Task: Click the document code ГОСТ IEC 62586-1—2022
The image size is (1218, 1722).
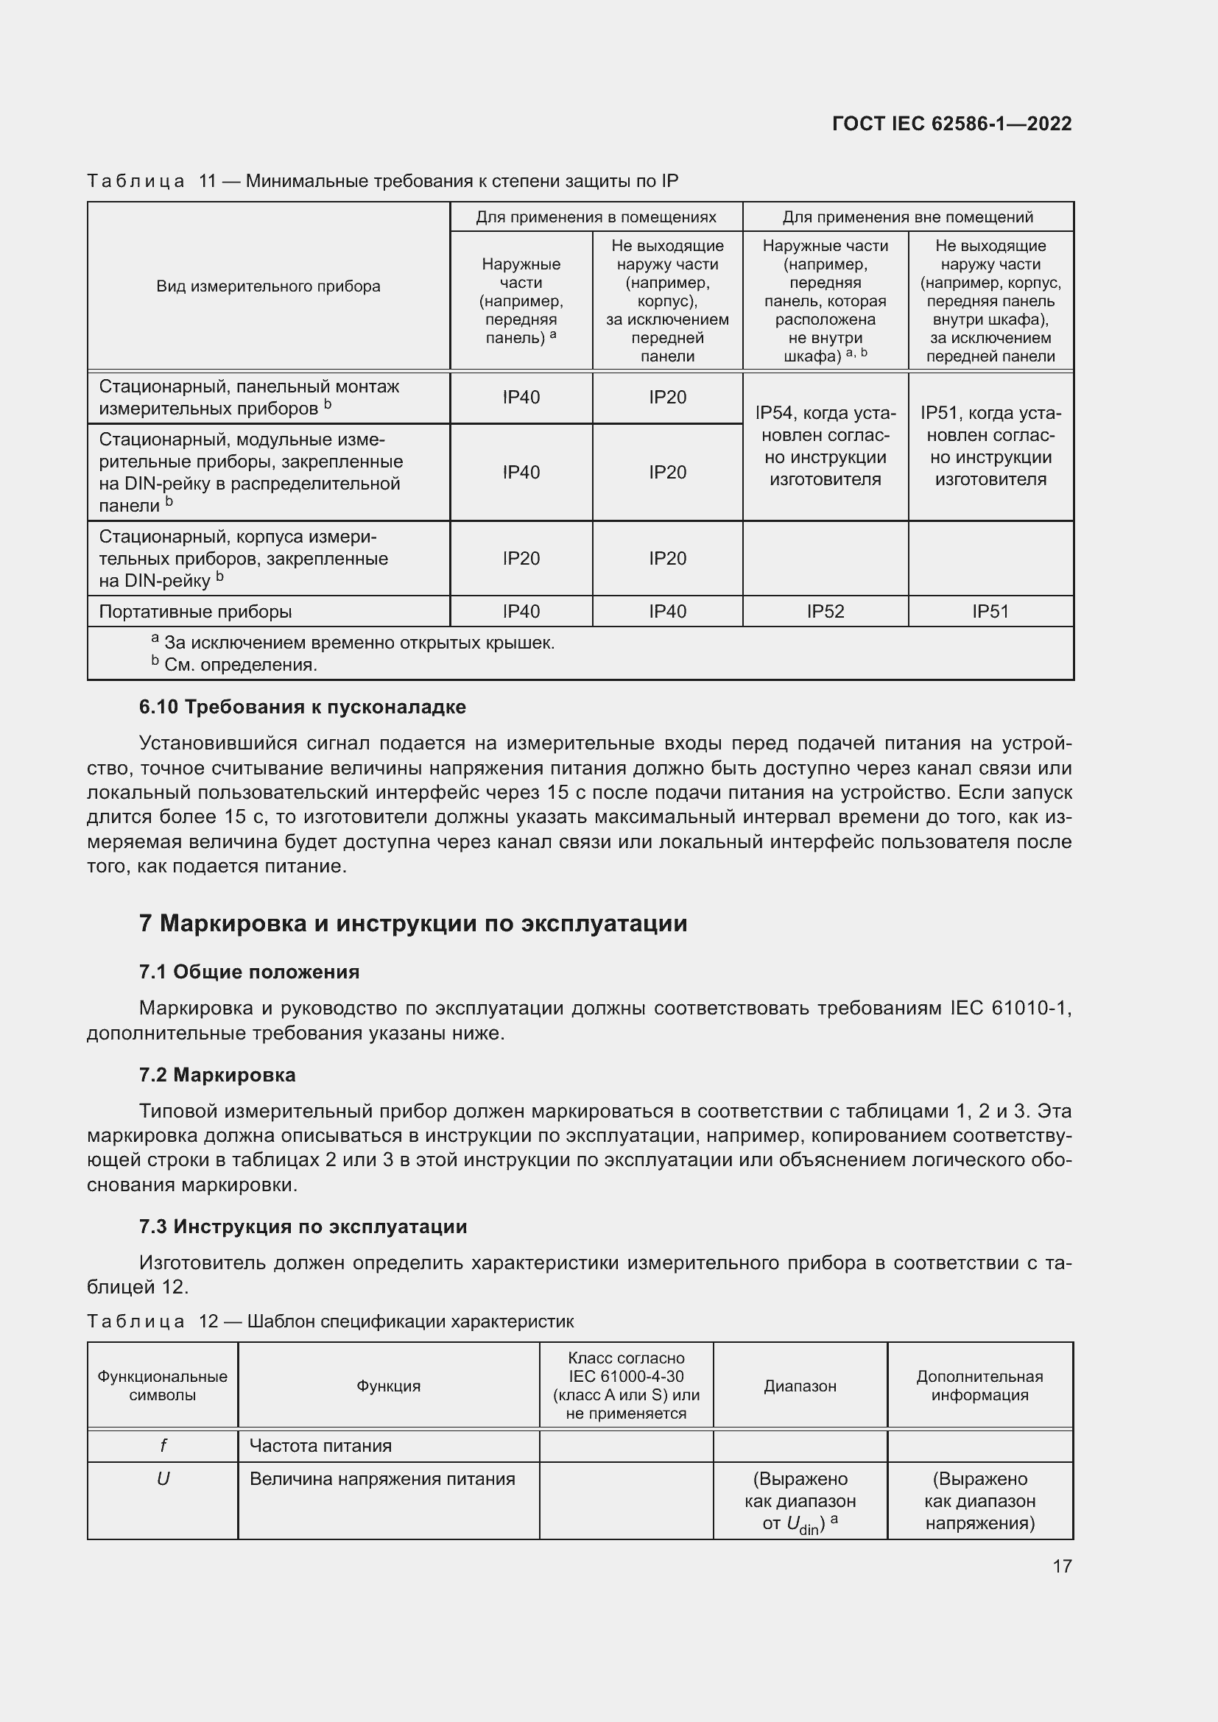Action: coord(951,124)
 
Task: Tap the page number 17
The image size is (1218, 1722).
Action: coord(1062,1566)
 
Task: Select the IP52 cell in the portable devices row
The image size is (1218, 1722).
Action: coord(825,611)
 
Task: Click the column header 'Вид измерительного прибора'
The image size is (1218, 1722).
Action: coord(268,286)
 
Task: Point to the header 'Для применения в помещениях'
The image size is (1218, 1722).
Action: coord(596,217)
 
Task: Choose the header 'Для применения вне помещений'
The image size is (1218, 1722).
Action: coord(907,217)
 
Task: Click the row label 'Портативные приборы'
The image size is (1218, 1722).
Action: coord(196,611)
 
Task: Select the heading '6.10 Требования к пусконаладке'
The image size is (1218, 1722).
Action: coord(302,707)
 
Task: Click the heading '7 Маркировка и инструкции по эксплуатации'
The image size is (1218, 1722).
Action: coord(412,923)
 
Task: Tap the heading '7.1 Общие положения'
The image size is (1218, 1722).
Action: coord(249,972)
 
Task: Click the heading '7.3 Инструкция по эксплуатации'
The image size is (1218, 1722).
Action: coord(303,1227)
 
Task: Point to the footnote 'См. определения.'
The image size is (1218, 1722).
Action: coord(240,665)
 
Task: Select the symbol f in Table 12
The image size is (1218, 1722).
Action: coord(163,1445)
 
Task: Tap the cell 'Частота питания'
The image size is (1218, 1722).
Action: coord(320,1445)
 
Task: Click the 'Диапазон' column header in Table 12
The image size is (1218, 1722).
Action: coord(800,1386)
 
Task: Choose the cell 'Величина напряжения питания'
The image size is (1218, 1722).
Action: coord(381,1479)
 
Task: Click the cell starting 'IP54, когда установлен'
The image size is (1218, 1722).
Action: coord(825,446)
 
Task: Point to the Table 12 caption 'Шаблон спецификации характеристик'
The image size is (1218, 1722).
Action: coord(410,1322)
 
